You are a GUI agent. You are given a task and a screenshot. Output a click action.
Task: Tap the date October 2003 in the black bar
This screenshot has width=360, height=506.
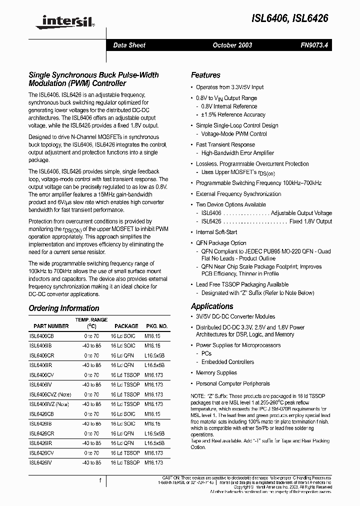[x=232, y=45]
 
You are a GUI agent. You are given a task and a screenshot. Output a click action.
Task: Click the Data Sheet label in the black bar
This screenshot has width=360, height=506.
[x=129, y=45]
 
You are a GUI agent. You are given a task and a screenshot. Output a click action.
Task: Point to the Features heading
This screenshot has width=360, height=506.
[x=205, y=75]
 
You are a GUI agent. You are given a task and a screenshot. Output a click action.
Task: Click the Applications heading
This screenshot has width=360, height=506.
[x=212, y=306]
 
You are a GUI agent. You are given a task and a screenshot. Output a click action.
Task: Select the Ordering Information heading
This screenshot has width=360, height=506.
[x=64, y=308]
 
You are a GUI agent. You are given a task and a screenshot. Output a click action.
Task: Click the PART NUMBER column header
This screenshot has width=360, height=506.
[x=51, y=325]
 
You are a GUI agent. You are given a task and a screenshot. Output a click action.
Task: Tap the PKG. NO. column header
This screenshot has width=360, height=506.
[x=156, y=325]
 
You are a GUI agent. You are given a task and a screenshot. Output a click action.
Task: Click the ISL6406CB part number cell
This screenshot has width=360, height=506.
[x=41, y=336]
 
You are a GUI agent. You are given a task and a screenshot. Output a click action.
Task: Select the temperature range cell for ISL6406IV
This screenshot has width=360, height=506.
[x=92, y=384]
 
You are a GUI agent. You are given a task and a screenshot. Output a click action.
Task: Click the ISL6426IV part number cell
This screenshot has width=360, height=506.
[x=41, y=462]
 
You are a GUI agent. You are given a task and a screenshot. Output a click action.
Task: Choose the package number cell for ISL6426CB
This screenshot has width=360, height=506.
[x=153, y=414]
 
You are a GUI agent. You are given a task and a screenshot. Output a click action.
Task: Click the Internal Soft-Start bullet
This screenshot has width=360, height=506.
[x=217, y=232]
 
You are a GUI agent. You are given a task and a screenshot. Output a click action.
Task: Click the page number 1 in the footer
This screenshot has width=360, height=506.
[x=100, y=480]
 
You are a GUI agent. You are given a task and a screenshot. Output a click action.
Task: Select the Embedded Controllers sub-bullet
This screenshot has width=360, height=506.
[x=227, y=361]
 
